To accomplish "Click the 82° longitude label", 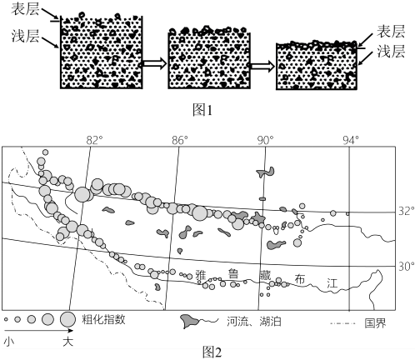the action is (92, 141).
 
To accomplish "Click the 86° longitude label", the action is (178, 141).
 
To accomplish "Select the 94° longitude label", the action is (351, 141).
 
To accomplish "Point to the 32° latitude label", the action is (406, 211).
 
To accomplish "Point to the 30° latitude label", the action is (406, 267).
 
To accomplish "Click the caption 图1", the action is (202, 110).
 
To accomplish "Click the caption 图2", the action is (212, 352).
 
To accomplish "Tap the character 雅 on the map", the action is (201, 275).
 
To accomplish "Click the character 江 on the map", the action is (332, 283).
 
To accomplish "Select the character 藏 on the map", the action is (265, 275).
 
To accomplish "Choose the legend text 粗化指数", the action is (103, 319).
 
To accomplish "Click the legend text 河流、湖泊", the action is (254, 322).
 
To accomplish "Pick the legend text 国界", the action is (375, 323).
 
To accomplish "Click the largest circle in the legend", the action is (67, 319).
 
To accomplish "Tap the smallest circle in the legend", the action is (6, 319).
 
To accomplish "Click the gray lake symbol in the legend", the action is (190, 322).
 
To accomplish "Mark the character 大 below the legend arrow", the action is (67, 342).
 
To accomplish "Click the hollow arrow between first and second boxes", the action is (154, 63).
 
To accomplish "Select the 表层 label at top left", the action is (25, 10).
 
